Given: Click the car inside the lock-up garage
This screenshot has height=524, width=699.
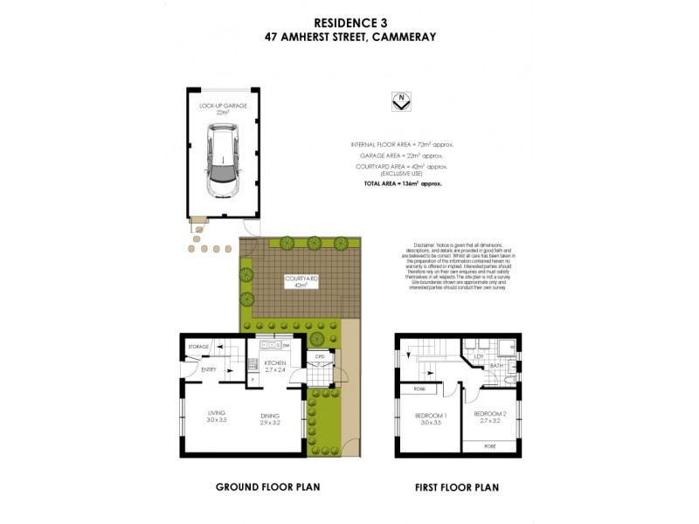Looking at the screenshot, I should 223,160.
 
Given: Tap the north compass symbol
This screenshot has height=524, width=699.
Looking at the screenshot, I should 402,101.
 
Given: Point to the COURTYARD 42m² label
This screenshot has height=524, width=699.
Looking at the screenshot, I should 301,281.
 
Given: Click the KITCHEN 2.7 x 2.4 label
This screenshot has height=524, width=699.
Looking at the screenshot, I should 276,366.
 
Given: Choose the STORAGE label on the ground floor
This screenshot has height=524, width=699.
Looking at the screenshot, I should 198,348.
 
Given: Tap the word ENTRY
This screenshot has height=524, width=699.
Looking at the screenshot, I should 209,369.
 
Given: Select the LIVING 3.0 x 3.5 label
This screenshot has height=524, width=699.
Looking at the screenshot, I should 218,417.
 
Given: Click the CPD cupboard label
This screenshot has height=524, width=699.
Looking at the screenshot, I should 320,356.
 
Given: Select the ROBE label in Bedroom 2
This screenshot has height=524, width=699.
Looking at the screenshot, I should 491,445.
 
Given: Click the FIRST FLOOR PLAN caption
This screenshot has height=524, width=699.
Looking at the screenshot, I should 458,486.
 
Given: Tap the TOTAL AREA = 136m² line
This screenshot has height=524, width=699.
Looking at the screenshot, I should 403,184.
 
